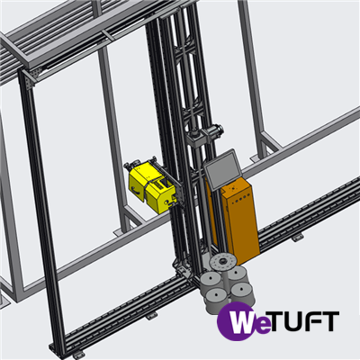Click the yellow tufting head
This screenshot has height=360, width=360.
click(x=151, y=186)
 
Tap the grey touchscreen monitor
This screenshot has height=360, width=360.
click(x=222, y=169)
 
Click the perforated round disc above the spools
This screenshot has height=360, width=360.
click(x=222, y=262)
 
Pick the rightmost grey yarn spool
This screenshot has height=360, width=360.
click(x=242, y=293)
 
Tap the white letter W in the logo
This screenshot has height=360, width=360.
click(x=240, y=321)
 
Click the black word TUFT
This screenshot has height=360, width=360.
click(x=303, y=321)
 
